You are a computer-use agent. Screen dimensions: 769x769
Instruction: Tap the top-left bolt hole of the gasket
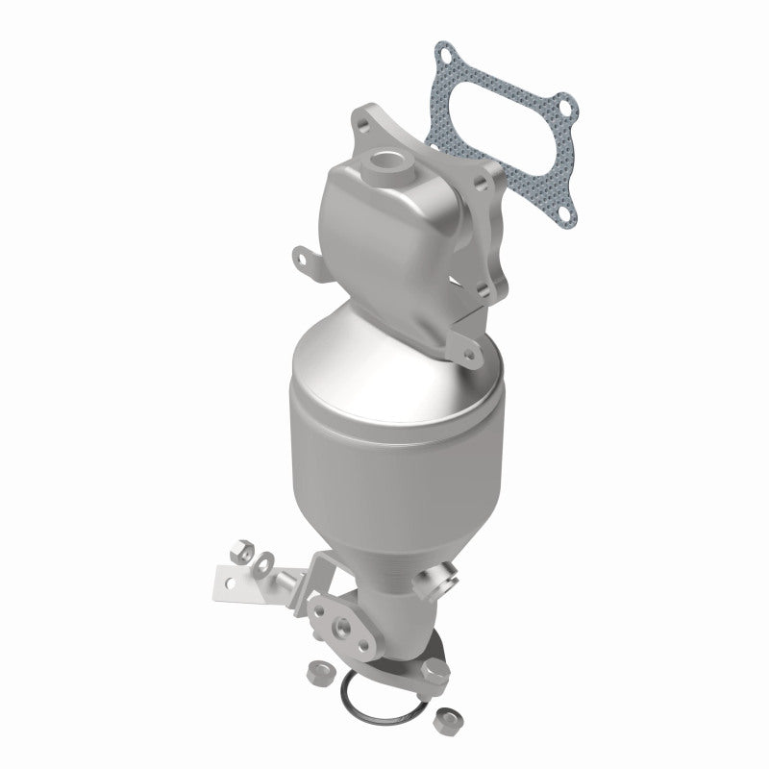click(444, 51)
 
